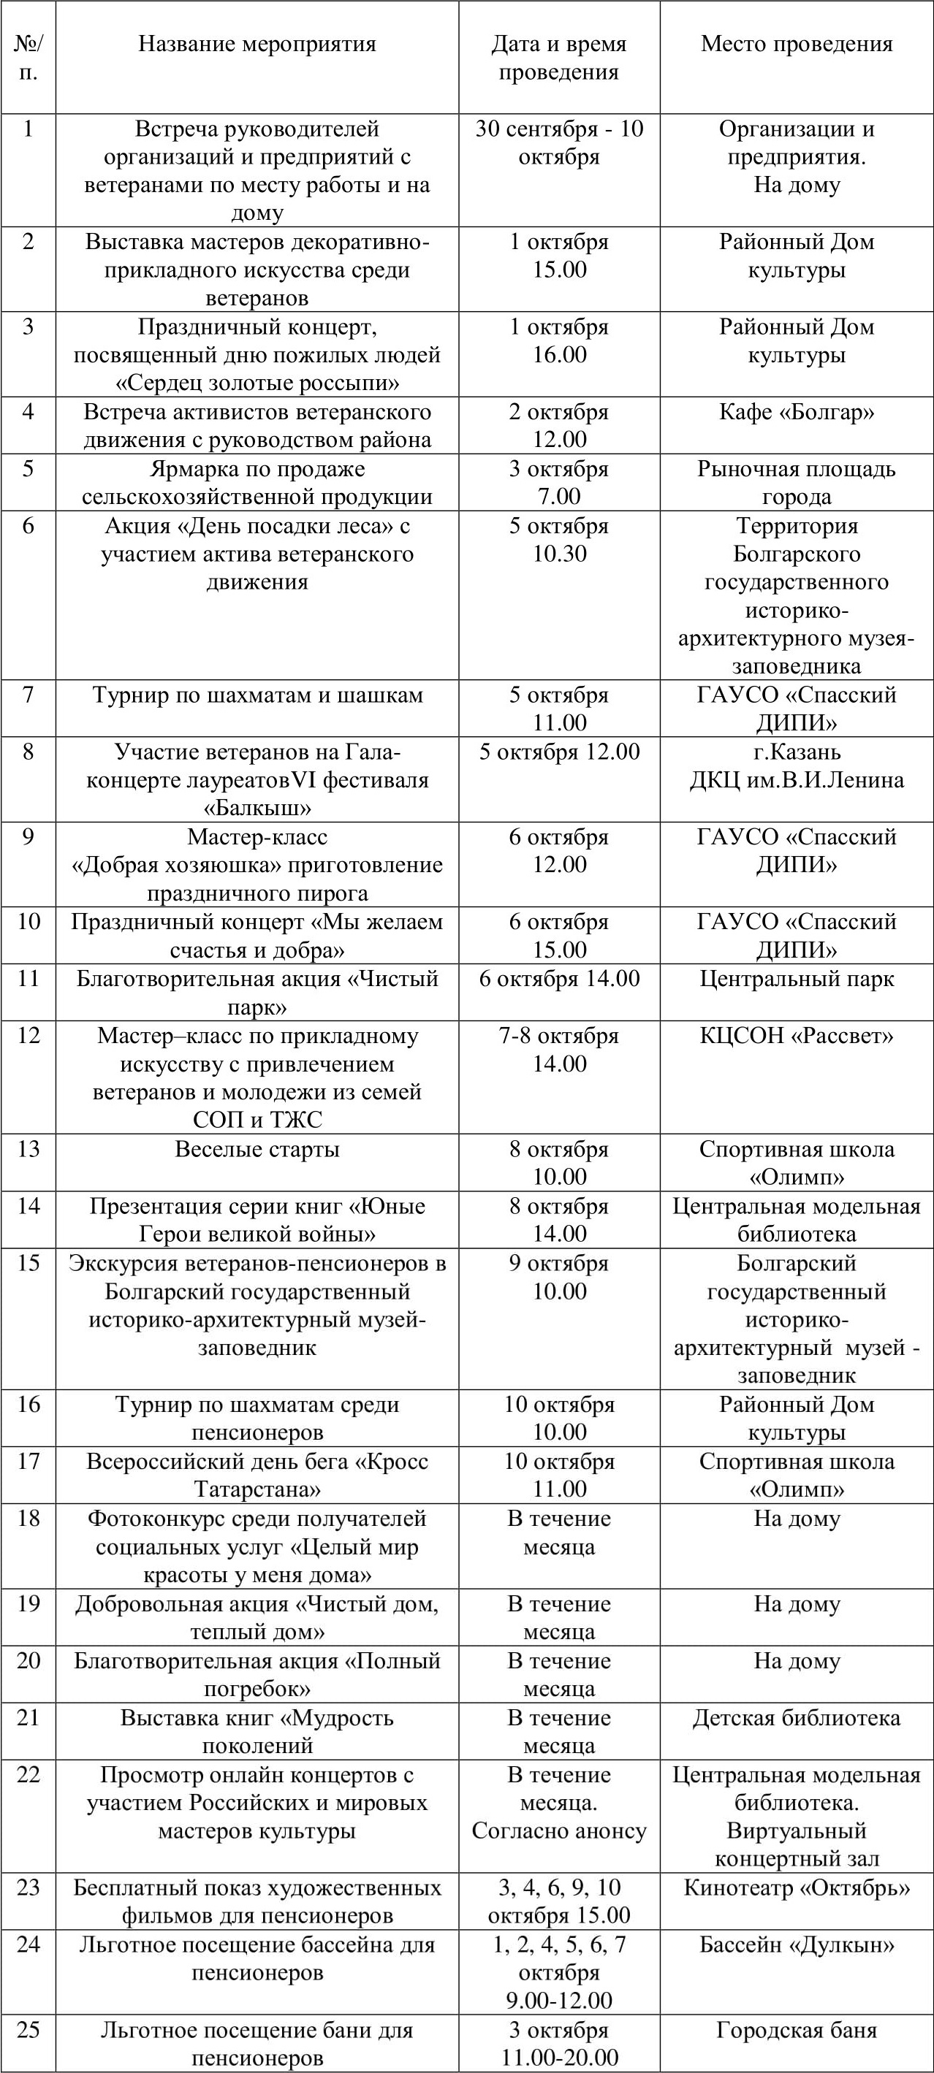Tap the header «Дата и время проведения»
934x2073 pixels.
tap(559, 58)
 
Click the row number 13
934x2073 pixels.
tap(29, 1148)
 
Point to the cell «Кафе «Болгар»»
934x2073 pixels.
tap(797, 412)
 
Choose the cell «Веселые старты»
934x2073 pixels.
tap(257, 1149)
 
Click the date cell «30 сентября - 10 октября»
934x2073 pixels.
tap(559, 142)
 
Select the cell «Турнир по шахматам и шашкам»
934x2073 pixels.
tap(257, 695)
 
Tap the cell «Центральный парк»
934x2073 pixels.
tap(797, 979)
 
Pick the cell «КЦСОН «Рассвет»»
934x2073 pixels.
tap(797, 1036)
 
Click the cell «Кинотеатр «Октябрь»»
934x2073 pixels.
tap(797, 1887)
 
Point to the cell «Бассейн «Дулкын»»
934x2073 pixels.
tap(797, 1944)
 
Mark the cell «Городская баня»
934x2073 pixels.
tap(797, 2030)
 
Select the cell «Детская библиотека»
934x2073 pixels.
tap(797, 1717)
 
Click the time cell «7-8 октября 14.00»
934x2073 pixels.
tap(559, 1050)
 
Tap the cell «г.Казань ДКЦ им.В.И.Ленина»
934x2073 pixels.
tap(797, 766)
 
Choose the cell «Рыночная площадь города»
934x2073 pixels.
tap(797, 482)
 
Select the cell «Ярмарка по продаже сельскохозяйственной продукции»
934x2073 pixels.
tap(257, 482)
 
